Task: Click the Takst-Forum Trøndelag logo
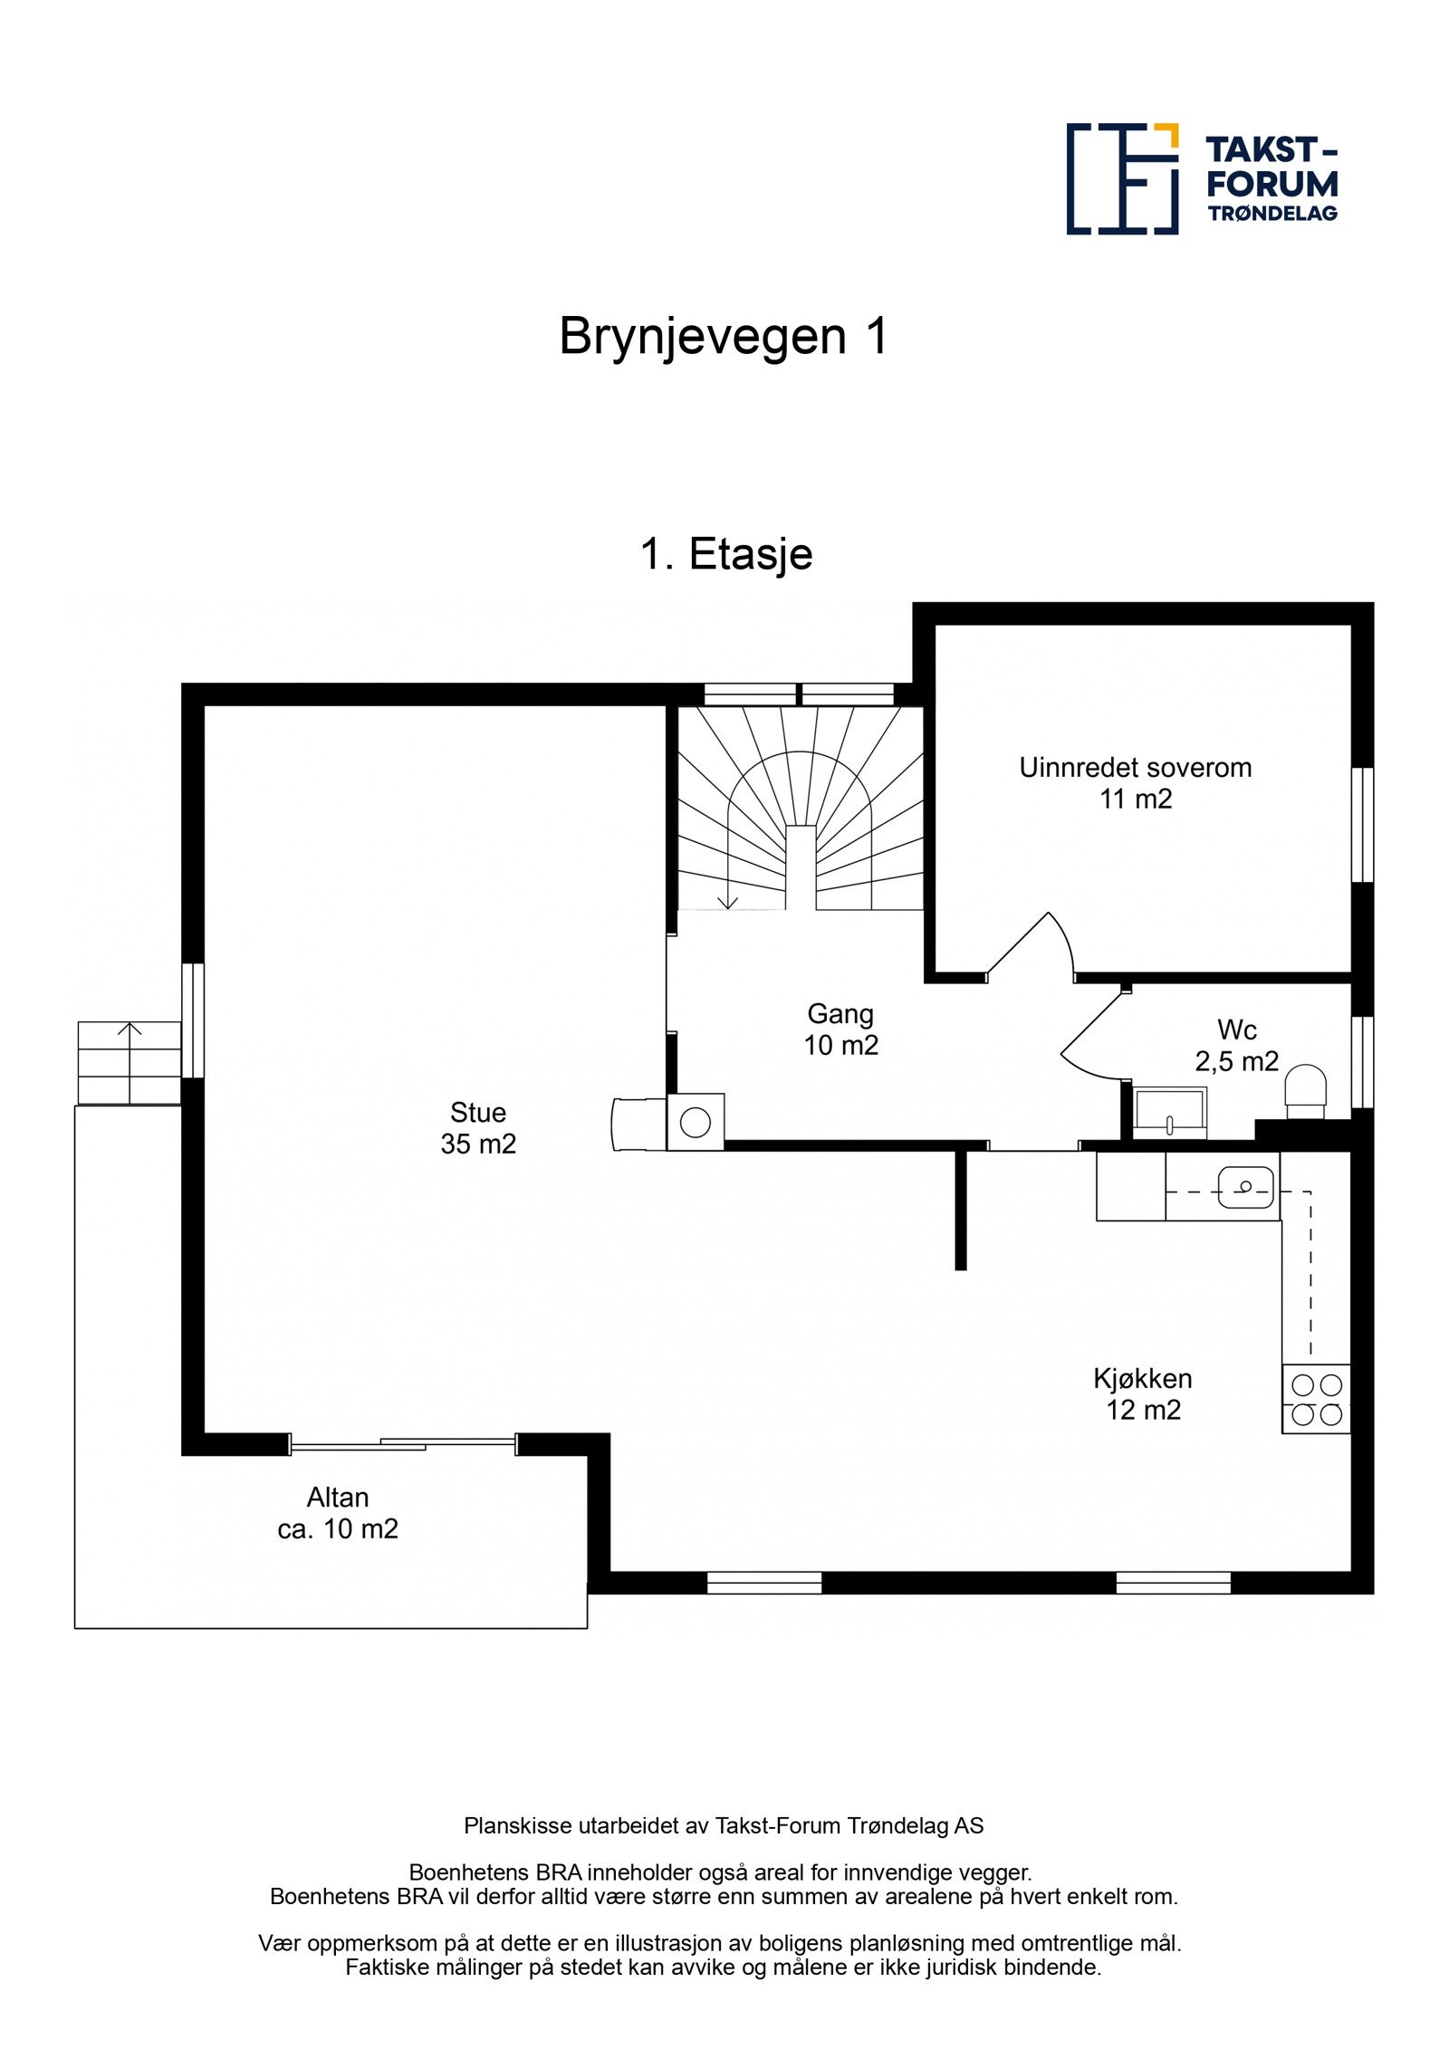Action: point(1201,178)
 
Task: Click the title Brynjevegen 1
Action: point(724,336)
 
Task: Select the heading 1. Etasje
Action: point(725,553)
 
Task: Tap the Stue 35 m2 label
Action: point(478,1127)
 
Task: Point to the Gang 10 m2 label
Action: point(840,1029)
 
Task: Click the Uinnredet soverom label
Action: point(1135,782)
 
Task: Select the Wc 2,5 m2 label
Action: point(1236,1045)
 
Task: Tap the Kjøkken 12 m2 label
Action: point(1143,1393)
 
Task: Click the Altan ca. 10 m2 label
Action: point(338,1513)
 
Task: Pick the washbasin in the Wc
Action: point(1169,1113)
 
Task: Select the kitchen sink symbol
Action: point(1245,1187)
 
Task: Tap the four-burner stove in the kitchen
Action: point(1316,1399)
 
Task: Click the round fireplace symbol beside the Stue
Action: point(695,1123)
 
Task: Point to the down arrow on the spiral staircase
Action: point(727,898)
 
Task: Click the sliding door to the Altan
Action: point(403,1443)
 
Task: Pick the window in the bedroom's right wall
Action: point(1361,824)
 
